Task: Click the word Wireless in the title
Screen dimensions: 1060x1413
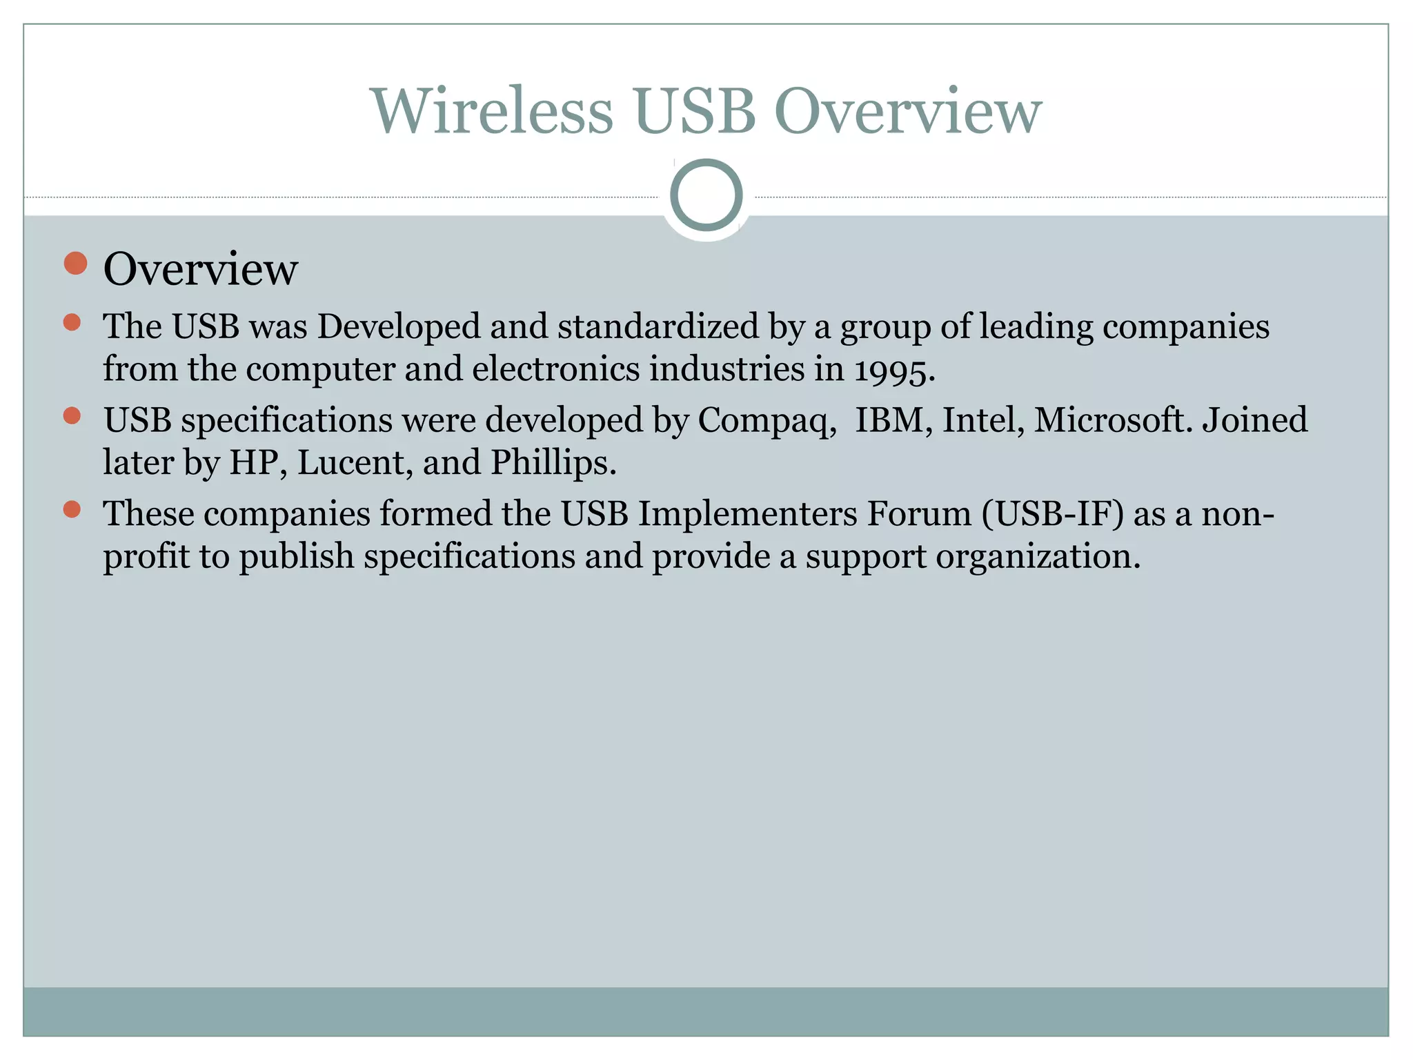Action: (x=492, y=111)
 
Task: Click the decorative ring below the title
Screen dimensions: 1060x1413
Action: (x=706, y=195)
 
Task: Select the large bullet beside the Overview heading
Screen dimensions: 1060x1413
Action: (x=75, y=264)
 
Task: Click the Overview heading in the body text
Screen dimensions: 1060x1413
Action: (x=200, y=268)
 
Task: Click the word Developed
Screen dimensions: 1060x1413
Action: (x=398, y=326)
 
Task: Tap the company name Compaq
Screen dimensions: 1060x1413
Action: (x=766, y=420)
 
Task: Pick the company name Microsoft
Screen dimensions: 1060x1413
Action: (x=1113, y=420)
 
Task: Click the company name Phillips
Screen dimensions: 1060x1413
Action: (x=553, y=462)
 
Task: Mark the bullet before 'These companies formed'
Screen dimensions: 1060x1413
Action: (x=72, y=510)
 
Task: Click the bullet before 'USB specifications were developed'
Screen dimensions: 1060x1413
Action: (x=72, y=415)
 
